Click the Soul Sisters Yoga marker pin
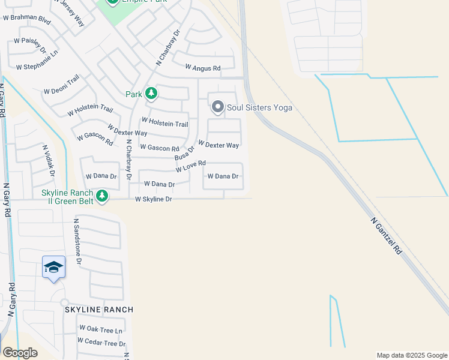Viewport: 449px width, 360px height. click(217, 107)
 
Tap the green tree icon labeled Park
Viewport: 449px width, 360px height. click(151, 94)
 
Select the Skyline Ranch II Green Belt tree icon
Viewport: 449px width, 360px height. click(103, 196)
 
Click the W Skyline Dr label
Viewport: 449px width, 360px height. click(154, 199)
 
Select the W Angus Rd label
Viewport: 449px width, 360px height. click(203, 68)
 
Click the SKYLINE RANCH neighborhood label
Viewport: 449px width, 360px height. click(99, 309)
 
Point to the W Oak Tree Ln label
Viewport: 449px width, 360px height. click(101, 330)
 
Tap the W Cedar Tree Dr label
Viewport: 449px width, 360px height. click(101, 343)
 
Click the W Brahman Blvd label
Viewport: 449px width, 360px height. click(27, 19)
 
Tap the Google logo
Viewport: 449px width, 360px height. click(20, 353)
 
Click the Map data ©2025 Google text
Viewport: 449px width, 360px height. click(411, 355)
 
